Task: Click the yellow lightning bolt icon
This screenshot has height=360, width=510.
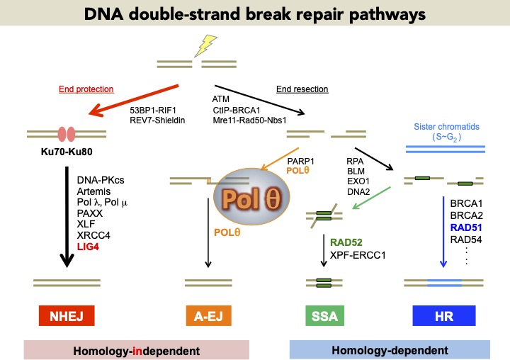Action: (205, 45)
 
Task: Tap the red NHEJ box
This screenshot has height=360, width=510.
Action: (67, 316)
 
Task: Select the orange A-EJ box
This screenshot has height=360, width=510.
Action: (208, 316)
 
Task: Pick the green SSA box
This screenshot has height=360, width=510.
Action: (324, 316)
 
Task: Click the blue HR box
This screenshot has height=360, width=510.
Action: (444, 316)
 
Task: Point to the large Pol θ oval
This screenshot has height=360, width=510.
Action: (251, 196)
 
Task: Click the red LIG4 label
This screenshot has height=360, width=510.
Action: (88, 247)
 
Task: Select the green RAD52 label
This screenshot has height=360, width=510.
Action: (346, 242)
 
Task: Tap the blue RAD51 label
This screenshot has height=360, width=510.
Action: (466, 227)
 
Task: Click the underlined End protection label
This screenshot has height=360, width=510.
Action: (86, 89)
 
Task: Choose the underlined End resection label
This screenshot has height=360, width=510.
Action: (302, 89)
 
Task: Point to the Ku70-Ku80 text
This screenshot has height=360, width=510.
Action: (67, 152)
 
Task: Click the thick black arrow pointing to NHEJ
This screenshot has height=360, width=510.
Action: (67, 217)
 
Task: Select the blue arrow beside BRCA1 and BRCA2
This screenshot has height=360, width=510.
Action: (443, 232)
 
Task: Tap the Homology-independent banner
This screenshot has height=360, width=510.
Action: (137, 350)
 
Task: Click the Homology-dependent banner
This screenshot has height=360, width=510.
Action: (390, 349)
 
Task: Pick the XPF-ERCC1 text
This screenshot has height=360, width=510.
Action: (358, 255)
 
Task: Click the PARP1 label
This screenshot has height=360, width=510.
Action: (300, 161)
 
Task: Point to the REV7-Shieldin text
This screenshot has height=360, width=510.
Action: (157, 120)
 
